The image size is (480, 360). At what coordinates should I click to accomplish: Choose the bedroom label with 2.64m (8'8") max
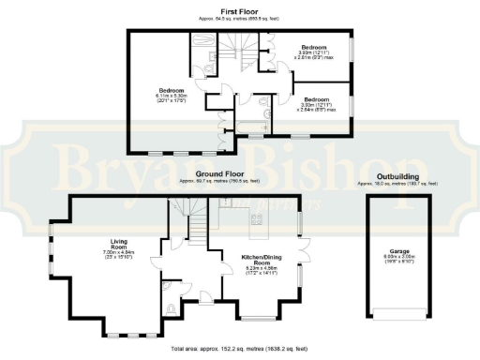[x=316, y=102]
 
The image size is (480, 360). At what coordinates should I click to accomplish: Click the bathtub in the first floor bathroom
[x=252, y=127]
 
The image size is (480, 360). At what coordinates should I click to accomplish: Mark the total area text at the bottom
[x=239, y=353]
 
